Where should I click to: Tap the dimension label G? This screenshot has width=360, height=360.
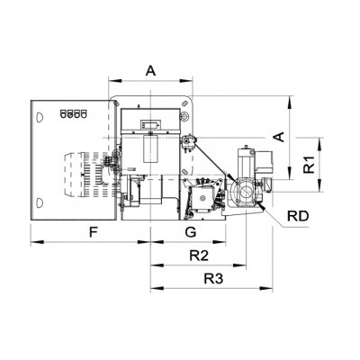(190, 232)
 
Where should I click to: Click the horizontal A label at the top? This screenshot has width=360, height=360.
(150, 69)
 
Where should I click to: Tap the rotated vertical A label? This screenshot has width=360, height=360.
(279, 137)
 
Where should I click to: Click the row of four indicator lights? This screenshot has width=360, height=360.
(71, 113)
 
